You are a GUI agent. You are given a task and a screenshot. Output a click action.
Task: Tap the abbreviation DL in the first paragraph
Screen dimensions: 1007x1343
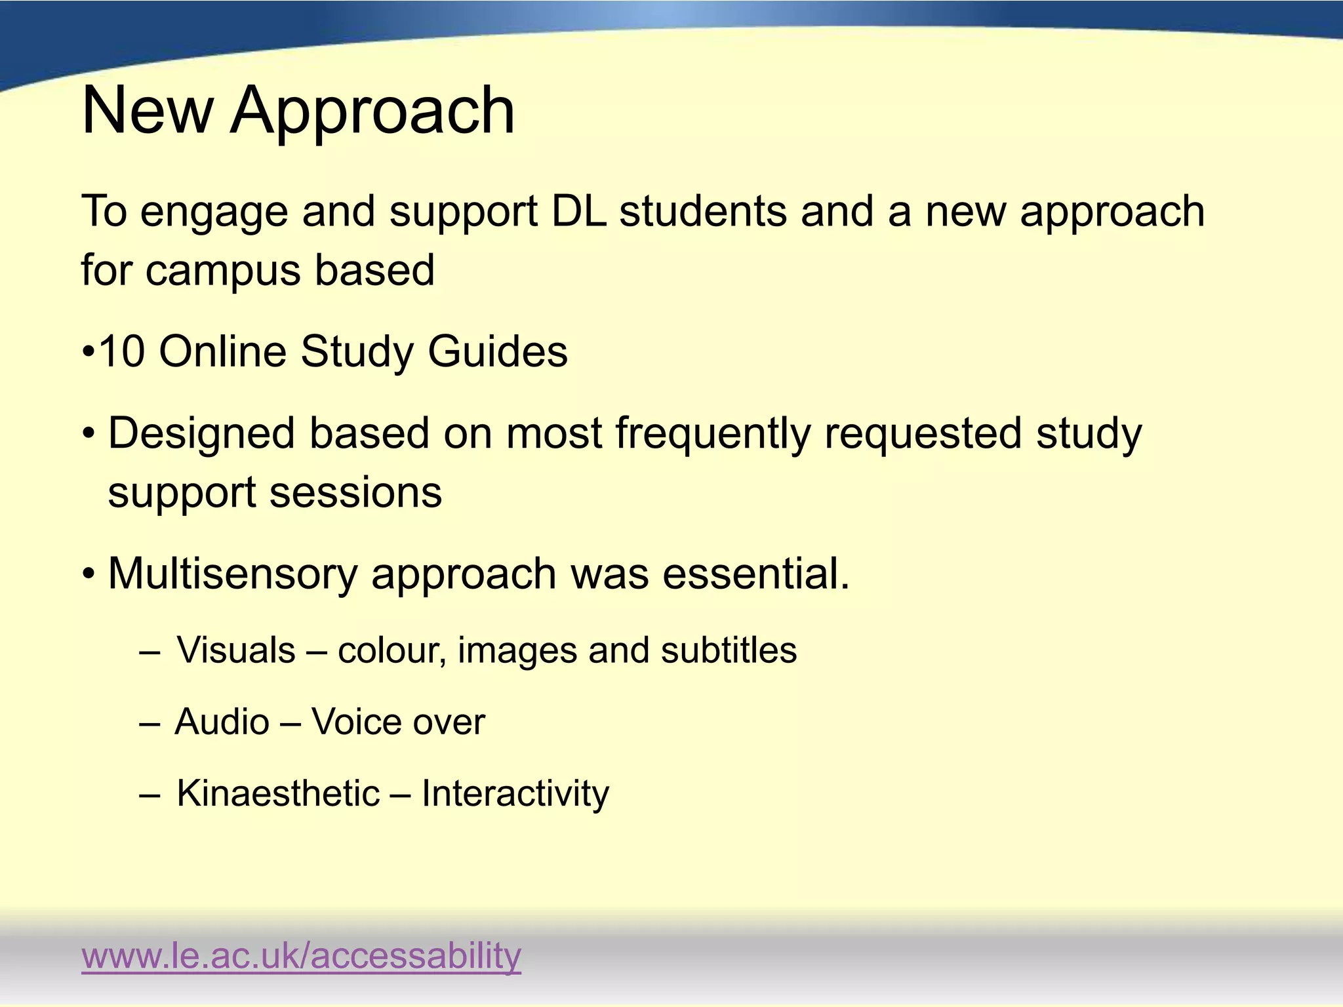[578, 211]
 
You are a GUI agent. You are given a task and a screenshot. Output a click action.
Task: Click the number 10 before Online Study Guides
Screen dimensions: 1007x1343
[122, 351]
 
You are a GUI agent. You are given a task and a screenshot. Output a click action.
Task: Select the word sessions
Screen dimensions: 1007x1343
[356, 492]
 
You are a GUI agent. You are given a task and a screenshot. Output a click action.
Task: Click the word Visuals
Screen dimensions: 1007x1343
[236, 650]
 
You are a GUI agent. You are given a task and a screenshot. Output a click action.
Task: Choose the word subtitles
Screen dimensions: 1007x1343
[729, 650]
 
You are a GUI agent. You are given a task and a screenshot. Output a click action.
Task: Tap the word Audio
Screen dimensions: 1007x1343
[222, 722]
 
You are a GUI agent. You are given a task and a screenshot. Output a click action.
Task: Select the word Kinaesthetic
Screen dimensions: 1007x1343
[279, 793]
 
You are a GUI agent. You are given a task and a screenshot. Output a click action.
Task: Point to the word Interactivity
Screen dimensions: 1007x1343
[515, 793]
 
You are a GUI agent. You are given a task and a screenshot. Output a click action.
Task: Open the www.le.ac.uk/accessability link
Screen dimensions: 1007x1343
[301, 956]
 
